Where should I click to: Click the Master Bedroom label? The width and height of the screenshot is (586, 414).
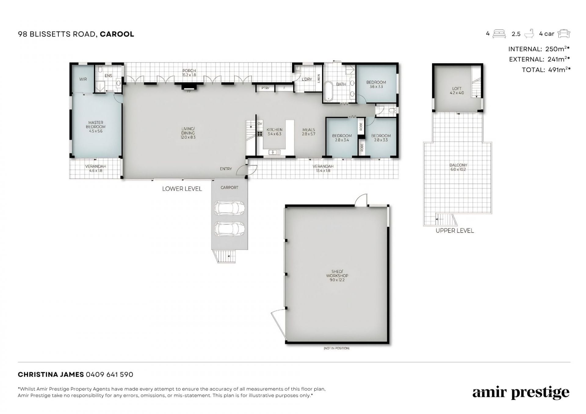click(x=96, y=127)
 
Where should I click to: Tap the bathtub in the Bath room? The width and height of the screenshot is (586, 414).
click(x=328, y=91)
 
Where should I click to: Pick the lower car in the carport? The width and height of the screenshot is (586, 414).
click(x=230, y=229)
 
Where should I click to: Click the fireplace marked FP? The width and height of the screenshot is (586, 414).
click(x=189, y=87)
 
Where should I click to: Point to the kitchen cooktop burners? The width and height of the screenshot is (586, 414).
click(x=260, y=134)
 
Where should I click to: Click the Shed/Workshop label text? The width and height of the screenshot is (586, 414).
click(x=337, y=275)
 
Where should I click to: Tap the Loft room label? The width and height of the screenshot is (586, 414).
click(x=457, y=91)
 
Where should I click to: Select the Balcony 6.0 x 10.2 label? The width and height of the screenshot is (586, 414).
click(x=458, y=167)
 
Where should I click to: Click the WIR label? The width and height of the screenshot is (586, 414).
click(x=83, y=79)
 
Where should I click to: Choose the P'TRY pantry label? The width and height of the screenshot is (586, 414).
click(x=265, y=88)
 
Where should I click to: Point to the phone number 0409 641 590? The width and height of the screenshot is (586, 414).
click(x=110, y=374)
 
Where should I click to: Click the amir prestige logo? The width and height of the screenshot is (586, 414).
click(x=521, y=393)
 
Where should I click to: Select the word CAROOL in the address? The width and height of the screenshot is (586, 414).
click(x=117, y=34)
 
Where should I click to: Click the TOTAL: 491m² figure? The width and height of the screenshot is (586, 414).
click(x=546, y=70)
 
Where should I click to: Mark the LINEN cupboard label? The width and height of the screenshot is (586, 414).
click(x=319, y=79)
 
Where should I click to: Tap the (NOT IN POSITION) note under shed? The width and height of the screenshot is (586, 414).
click(x=337, y=348)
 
